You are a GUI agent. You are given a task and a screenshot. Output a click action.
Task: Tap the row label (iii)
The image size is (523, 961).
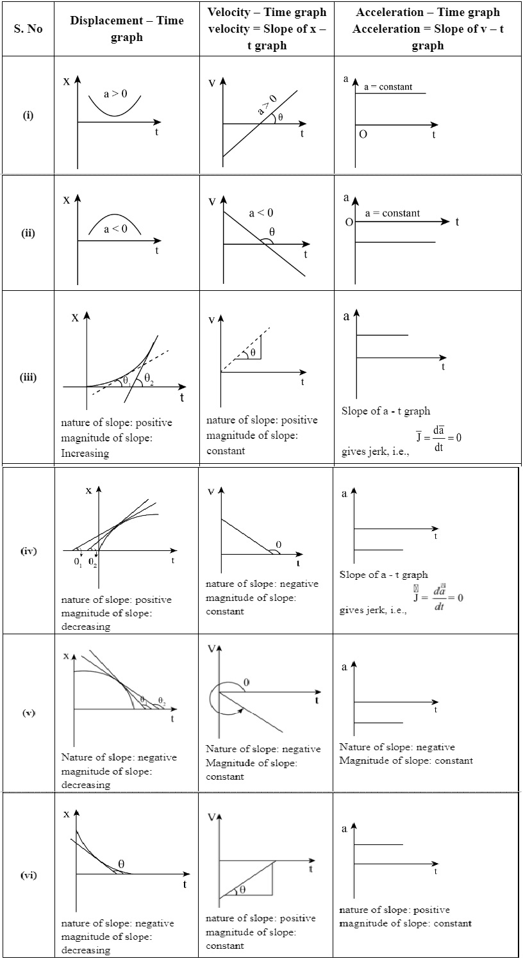coord(28,377)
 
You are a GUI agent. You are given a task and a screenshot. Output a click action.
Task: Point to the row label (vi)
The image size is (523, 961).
coord(28,875)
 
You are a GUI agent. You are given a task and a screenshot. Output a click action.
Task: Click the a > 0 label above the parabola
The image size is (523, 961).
coord(115,94)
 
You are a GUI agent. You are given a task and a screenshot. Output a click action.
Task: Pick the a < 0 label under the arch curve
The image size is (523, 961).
coord(115,228)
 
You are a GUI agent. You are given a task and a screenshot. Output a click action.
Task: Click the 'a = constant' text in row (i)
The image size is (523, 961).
coord(388,86)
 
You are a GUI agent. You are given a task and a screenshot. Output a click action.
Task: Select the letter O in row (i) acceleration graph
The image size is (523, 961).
coord(363,135)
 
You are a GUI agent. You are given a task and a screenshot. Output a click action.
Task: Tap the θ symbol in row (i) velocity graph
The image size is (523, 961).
coord(280,118)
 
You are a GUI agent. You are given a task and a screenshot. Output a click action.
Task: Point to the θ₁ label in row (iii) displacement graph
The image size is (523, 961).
coord(126,381)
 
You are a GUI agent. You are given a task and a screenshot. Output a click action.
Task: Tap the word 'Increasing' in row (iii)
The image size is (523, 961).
coord(85,454)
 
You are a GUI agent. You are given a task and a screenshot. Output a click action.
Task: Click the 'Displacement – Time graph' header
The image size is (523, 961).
coord(126,29)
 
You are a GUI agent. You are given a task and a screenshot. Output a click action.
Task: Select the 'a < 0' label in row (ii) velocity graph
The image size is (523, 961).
coord(261,213)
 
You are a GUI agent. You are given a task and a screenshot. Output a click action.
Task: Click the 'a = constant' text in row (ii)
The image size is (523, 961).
coord(392,213)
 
